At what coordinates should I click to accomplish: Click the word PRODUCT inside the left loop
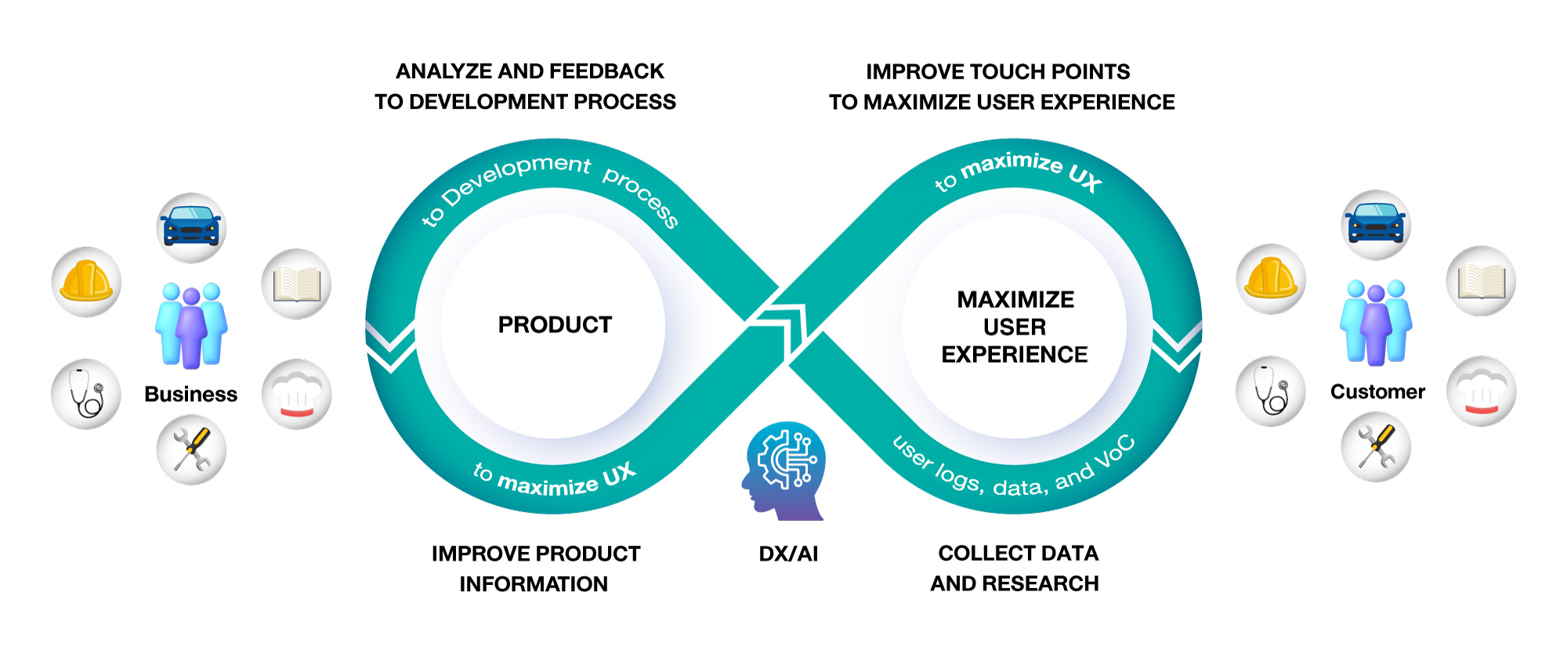pos(555,324)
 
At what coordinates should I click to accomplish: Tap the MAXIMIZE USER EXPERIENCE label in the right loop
pos(1015,327)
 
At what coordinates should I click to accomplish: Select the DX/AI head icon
pos(783,471)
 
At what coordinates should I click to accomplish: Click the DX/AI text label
pos(788,554)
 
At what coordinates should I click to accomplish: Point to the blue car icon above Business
pos(191,228)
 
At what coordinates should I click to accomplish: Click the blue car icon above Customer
pos(1376,225)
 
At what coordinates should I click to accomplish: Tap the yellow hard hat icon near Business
pos(86,282)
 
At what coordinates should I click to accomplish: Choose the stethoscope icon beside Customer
pos(1271,391)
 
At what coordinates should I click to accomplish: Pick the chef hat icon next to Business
pos(296,394)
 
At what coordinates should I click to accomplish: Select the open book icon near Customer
pos(1481,281)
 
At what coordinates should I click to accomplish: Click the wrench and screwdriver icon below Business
pos(191,450)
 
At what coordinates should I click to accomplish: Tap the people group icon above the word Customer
pos(1376,322)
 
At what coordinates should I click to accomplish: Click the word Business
pos(190,394)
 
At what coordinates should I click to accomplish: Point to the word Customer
pos(1377,392)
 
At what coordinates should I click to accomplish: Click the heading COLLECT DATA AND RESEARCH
pos(1015,568)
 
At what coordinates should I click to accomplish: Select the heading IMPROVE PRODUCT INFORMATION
pos(535,569)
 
